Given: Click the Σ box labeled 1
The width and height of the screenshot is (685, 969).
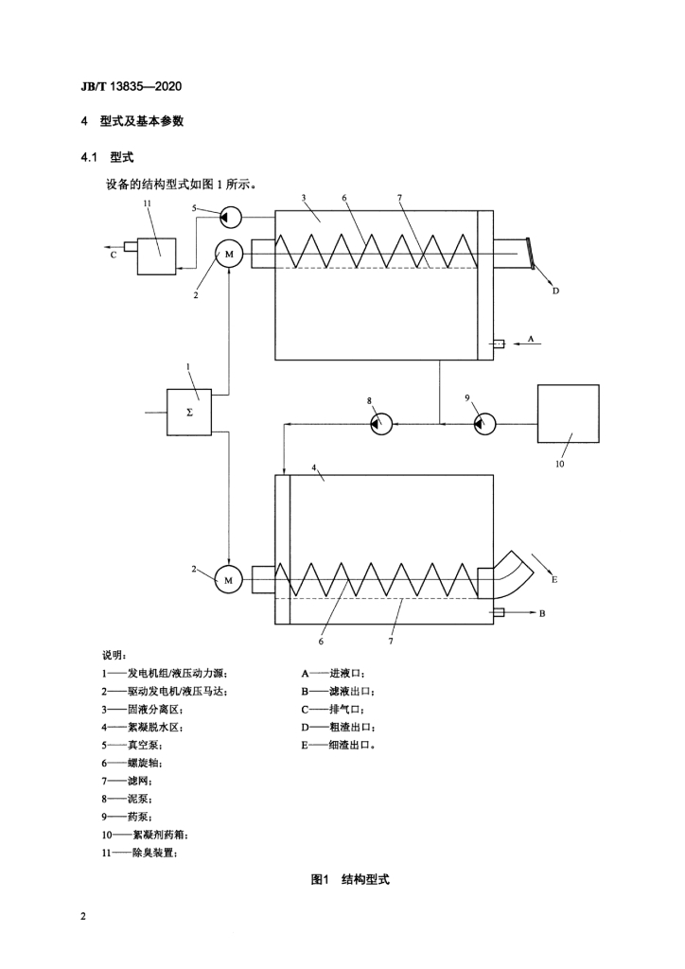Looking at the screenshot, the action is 189,413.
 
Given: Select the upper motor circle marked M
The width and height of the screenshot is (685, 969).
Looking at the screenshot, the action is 229,254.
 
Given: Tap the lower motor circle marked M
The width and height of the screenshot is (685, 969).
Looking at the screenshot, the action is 229,580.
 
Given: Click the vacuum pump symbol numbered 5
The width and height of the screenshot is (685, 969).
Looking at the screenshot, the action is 231,217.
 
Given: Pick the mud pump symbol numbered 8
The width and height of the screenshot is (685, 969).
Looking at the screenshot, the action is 381,424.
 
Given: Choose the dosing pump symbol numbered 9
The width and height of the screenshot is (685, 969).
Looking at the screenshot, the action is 484,424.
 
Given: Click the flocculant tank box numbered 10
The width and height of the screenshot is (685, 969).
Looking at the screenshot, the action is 568,414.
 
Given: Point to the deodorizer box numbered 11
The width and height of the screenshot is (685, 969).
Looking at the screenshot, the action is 156,255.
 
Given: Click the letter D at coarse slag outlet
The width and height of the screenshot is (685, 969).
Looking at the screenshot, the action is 555,291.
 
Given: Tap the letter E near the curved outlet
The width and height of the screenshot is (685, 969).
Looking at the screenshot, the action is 554,580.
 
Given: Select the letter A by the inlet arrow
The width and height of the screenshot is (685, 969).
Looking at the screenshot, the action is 531,339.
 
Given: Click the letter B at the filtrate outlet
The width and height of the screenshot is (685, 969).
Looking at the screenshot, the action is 542,613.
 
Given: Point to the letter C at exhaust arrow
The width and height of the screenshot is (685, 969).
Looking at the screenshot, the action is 113,255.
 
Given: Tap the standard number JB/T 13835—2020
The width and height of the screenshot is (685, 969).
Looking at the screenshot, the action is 131,86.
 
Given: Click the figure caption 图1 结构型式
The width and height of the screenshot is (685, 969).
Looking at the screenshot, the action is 350,879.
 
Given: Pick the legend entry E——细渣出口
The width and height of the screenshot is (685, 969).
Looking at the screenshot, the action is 338,745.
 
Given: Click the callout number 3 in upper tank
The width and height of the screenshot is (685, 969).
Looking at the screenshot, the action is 304,198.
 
